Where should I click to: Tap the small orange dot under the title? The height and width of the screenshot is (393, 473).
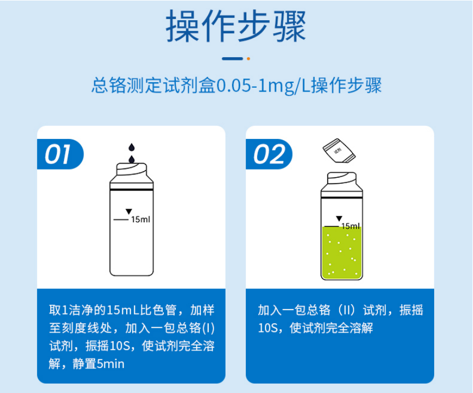tap(249, 58)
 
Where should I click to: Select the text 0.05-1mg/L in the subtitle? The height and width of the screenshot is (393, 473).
tap(258, 87)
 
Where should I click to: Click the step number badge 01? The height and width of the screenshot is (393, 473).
tap(59, 155)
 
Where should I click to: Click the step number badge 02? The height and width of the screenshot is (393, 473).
tap(269, 155)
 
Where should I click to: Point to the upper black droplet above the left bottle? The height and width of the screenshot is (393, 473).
tap(131, 147)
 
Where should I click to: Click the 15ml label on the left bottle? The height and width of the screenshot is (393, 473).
tap(140, 220)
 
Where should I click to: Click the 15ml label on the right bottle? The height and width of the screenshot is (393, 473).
tap(350, 226)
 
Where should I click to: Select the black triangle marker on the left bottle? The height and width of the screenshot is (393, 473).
tap(129, 211)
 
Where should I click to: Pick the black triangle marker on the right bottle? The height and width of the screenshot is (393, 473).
tap(339, 219)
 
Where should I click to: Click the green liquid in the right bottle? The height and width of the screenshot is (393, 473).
tap(341, 253)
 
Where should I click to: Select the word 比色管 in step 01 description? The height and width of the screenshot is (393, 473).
tap(162, 311)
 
